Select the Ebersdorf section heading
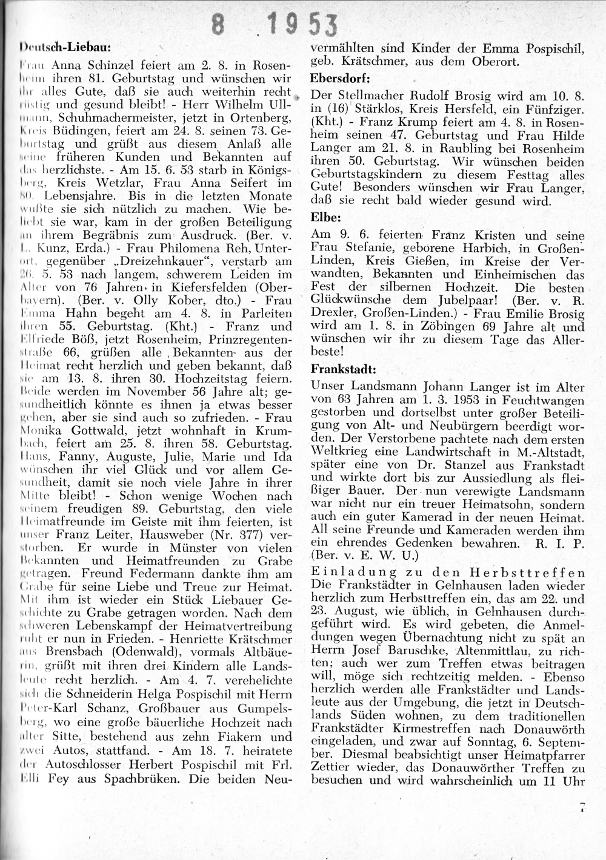340,78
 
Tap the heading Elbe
327,215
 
